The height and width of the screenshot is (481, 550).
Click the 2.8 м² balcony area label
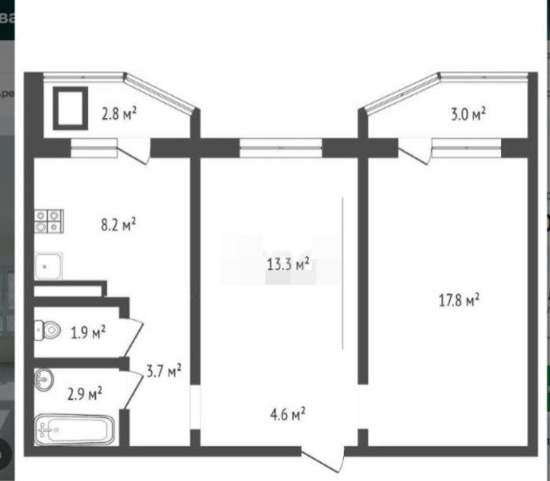tap(119, 113)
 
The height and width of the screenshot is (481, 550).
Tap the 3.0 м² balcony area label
tap(467, 113)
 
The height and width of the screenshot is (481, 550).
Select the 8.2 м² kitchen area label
tap(119, 224)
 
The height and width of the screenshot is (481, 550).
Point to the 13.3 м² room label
tap(287, 264)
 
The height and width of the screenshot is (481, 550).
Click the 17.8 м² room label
tap(459, 299)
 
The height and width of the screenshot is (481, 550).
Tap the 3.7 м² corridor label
tap(164, 369)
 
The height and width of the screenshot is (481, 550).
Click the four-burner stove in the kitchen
tap(49, 220)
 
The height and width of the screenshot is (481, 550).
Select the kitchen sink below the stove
tap(49, 266)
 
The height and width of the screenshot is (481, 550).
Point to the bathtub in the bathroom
tap(75, 430)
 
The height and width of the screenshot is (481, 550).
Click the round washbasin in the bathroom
tap(43, 381)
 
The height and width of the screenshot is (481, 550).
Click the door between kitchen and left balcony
tap(134, 150)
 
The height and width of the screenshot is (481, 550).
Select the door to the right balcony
tap(415, 150)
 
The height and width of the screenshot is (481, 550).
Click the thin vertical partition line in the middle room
tap(343, 272)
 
